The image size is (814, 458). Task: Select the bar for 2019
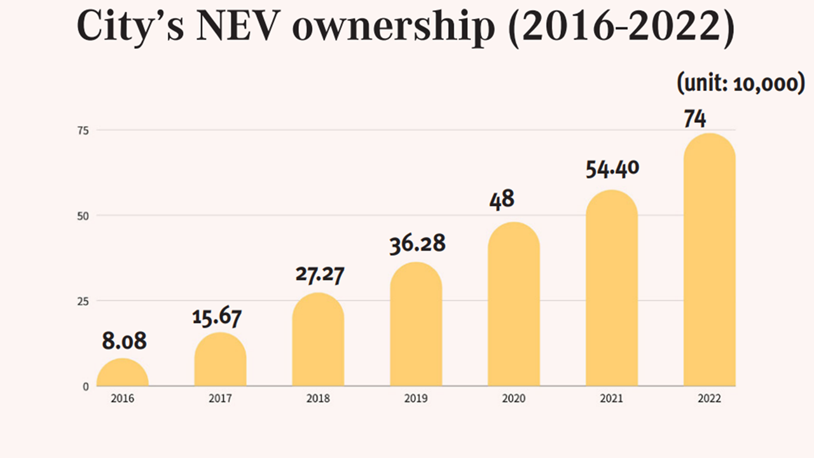(x=416, y=324)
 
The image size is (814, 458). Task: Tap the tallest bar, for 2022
(x=709, y=261)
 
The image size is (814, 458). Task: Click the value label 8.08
(x=124, y=342)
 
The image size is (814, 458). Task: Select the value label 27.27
(x=319, y=274)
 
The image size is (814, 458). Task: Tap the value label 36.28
(x=417, y=244)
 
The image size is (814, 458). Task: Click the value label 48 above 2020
(x=502, y=200)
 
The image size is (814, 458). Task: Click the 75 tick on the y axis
(x=84, y=130)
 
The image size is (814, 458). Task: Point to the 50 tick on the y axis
(x=84, y=216)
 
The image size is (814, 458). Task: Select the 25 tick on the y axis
(x=84, y=301)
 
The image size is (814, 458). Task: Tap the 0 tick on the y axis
(x=86, y=386)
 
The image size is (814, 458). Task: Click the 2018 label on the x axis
(x=318, y=399)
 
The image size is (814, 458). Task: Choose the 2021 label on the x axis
(x=611, y=399)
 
